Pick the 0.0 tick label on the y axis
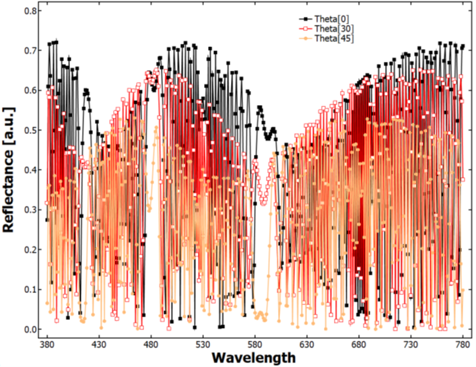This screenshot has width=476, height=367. (30, 329)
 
